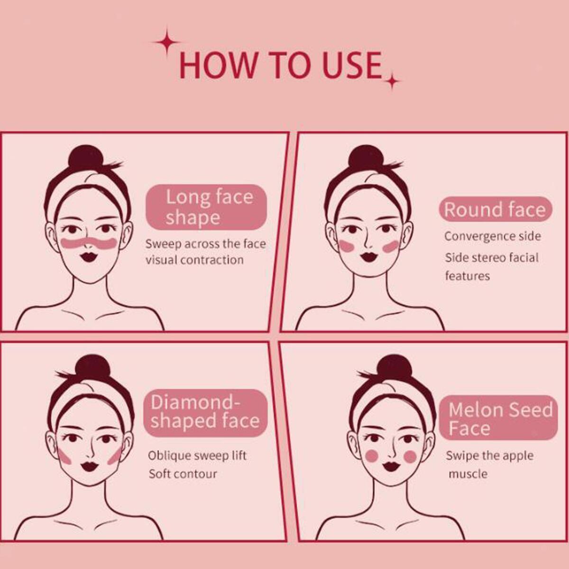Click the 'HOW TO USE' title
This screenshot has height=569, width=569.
tap(281, 65)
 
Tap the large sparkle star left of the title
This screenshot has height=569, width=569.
tap(167, 42)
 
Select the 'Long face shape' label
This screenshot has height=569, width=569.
tap(206, 207)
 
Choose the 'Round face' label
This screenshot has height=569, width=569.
tap(495, 210)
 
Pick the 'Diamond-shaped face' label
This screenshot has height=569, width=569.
tap(205, 412)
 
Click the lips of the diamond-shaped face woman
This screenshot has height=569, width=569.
tap(90, 466)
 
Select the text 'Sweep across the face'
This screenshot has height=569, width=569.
tap(206, 244)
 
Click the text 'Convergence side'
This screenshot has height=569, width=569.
tap(493, 236)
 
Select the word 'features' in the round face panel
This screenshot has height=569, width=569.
tap(468, 276)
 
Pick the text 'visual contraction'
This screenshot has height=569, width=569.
tap(194, 260)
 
